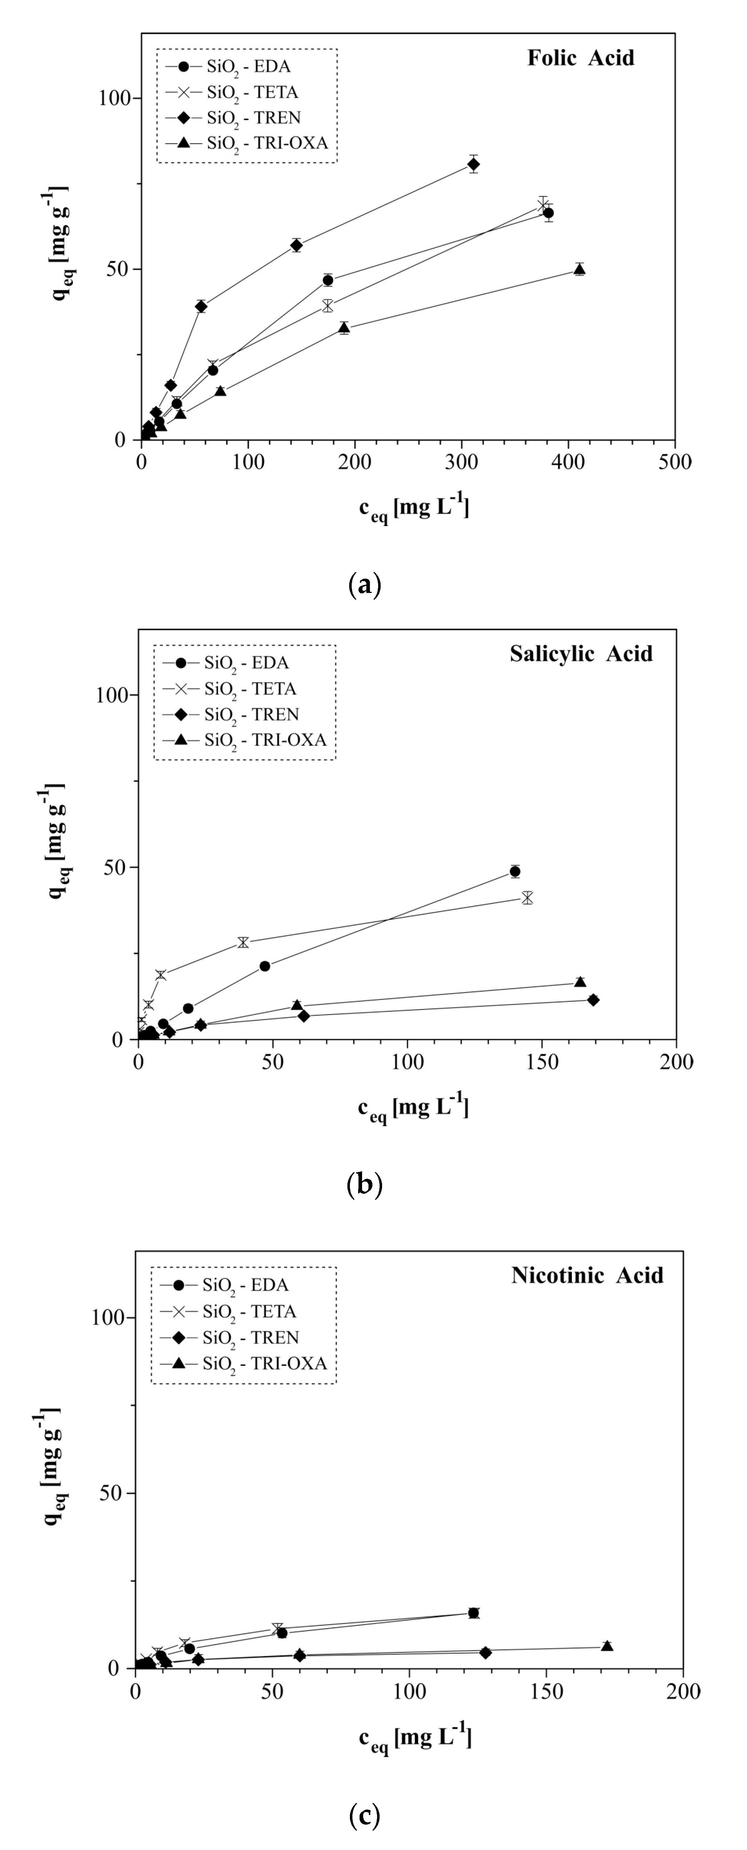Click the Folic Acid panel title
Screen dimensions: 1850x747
click(x=580, y=58)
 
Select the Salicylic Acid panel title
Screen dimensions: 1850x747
click(x=581, y=653)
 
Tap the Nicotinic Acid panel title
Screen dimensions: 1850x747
click(x=587, y=1275)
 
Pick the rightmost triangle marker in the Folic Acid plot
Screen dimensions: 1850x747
click(x=579, y=269)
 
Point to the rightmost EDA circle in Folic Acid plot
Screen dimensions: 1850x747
click(x=548, y=213)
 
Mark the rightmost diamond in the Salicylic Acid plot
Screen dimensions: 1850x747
click(x=593, y=1000)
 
